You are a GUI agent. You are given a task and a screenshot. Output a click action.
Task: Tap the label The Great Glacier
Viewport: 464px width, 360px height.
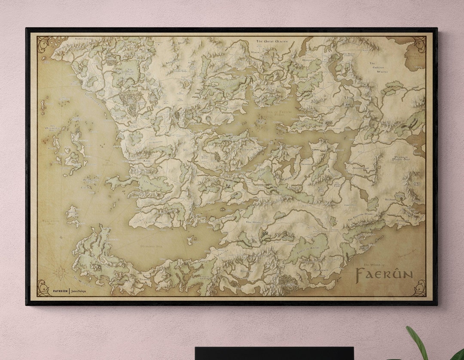point(272,41)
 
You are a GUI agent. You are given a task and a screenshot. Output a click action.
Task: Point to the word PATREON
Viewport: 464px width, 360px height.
point(60,291)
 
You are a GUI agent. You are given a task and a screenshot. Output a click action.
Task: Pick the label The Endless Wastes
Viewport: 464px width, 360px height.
point(379,67)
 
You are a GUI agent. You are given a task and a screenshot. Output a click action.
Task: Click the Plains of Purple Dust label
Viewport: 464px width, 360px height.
point(390,158)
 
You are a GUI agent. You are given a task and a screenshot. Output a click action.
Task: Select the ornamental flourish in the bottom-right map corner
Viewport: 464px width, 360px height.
point(419,288)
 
